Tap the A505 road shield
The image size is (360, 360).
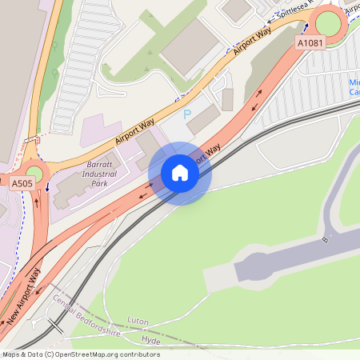22,183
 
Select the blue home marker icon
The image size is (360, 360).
180,174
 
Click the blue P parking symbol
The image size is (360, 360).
188,115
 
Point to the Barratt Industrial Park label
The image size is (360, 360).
99,174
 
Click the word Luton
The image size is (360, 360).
138,321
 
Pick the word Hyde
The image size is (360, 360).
150,340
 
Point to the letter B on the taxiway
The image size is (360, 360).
326,238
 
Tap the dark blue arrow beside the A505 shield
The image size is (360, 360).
47,187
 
